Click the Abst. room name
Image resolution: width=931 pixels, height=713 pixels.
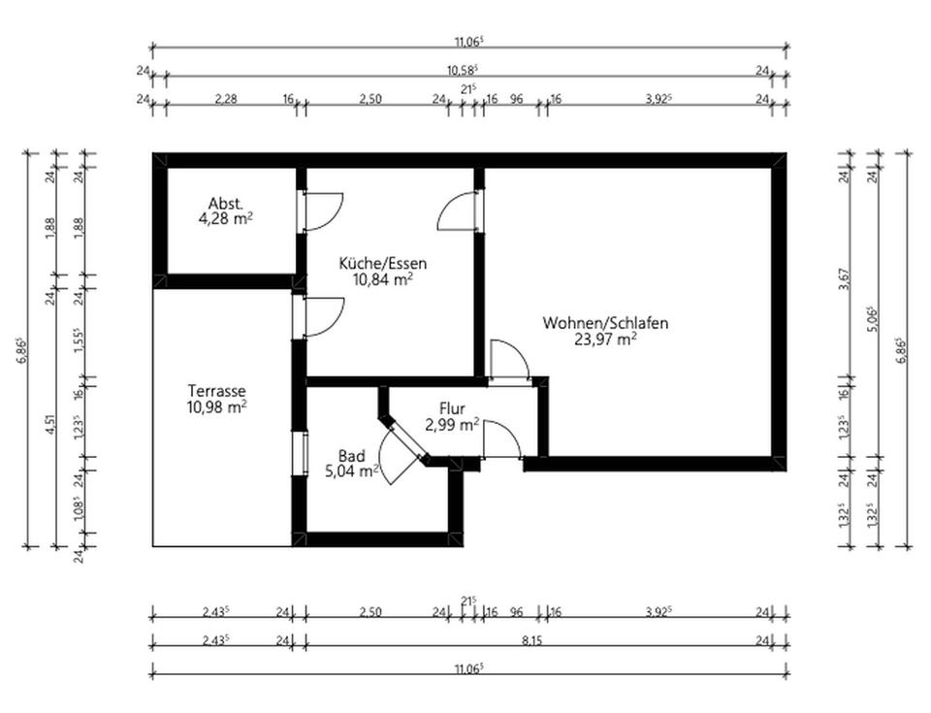(225, 204)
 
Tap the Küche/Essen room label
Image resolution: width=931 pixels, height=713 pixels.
(382, 263)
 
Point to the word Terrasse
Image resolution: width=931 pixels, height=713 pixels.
(216, 391)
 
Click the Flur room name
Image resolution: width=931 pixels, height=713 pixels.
(452, 408)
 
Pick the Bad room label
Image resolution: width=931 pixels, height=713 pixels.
(351, 456)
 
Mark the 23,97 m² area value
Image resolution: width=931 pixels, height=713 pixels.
(604, 339)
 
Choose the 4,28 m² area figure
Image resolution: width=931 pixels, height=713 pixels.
(226, 219)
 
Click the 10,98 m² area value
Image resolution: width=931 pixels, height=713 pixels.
(216, 407)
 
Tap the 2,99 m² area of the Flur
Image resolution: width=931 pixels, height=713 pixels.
(452, 424)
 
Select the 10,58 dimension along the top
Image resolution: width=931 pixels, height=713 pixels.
(463, 70)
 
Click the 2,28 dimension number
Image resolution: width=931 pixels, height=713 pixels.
(225, 99)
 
